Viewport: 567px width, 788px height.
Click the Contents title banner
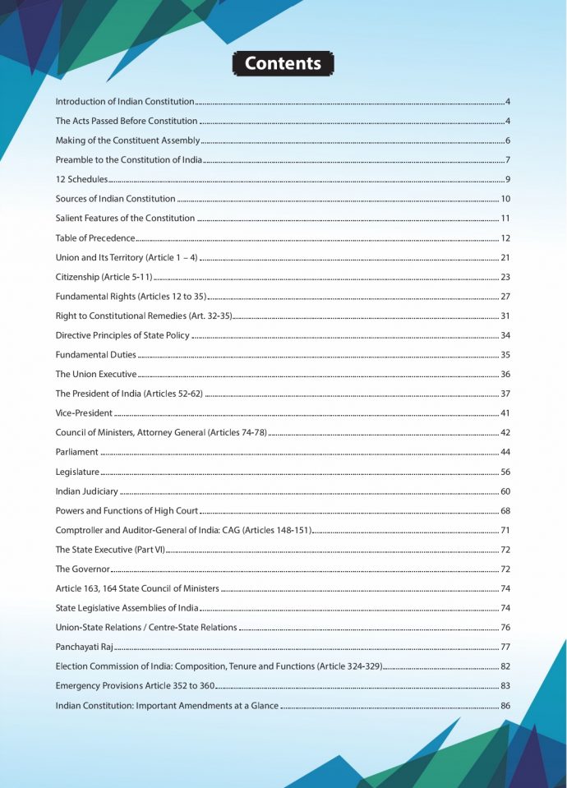click(283, 63)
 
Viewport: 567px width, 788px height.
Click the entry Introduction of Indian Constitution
click(124, 102)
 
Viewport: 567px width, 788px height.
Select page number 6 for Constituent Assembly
click(509, 141)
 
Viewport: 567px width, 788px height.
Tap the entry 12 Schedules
click(81, 180)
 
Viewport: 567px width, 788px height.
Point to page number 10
click(506, 200)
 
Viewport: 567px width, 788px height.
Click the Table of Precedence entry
click(95, 238)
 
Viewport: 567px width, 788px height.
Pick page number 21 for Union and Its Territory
click(506, 258)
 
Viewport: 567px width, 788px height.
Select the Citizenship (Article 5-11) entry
click(104, 278)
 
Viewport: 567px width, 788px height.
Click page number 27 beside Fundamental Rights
click(506, 297)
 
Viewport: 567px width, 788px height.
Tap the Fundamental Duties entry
click(95, 355)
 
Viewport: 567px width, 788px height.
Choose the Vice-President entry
click(84, 413)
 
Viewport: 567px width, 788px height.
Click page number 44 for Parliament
click(506, 453)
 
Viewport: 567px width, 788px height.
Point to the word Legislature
click(77, 472)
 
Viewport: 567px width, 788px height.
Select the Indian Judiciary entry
click(86, 492)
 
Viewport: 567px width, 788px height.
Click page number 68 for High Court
click(506, 511)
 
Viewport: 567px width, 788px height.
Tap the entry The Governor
click(82, 569)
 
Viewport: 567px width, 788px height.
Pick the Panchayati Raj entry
click(84, 647)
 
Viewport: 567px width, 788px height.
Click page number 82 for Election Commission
click(506, 666)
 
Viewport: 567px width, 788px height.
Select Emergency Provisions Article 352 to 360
click(135, 686)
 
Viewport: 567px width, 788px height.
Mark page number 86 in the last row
click(506, 706)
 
